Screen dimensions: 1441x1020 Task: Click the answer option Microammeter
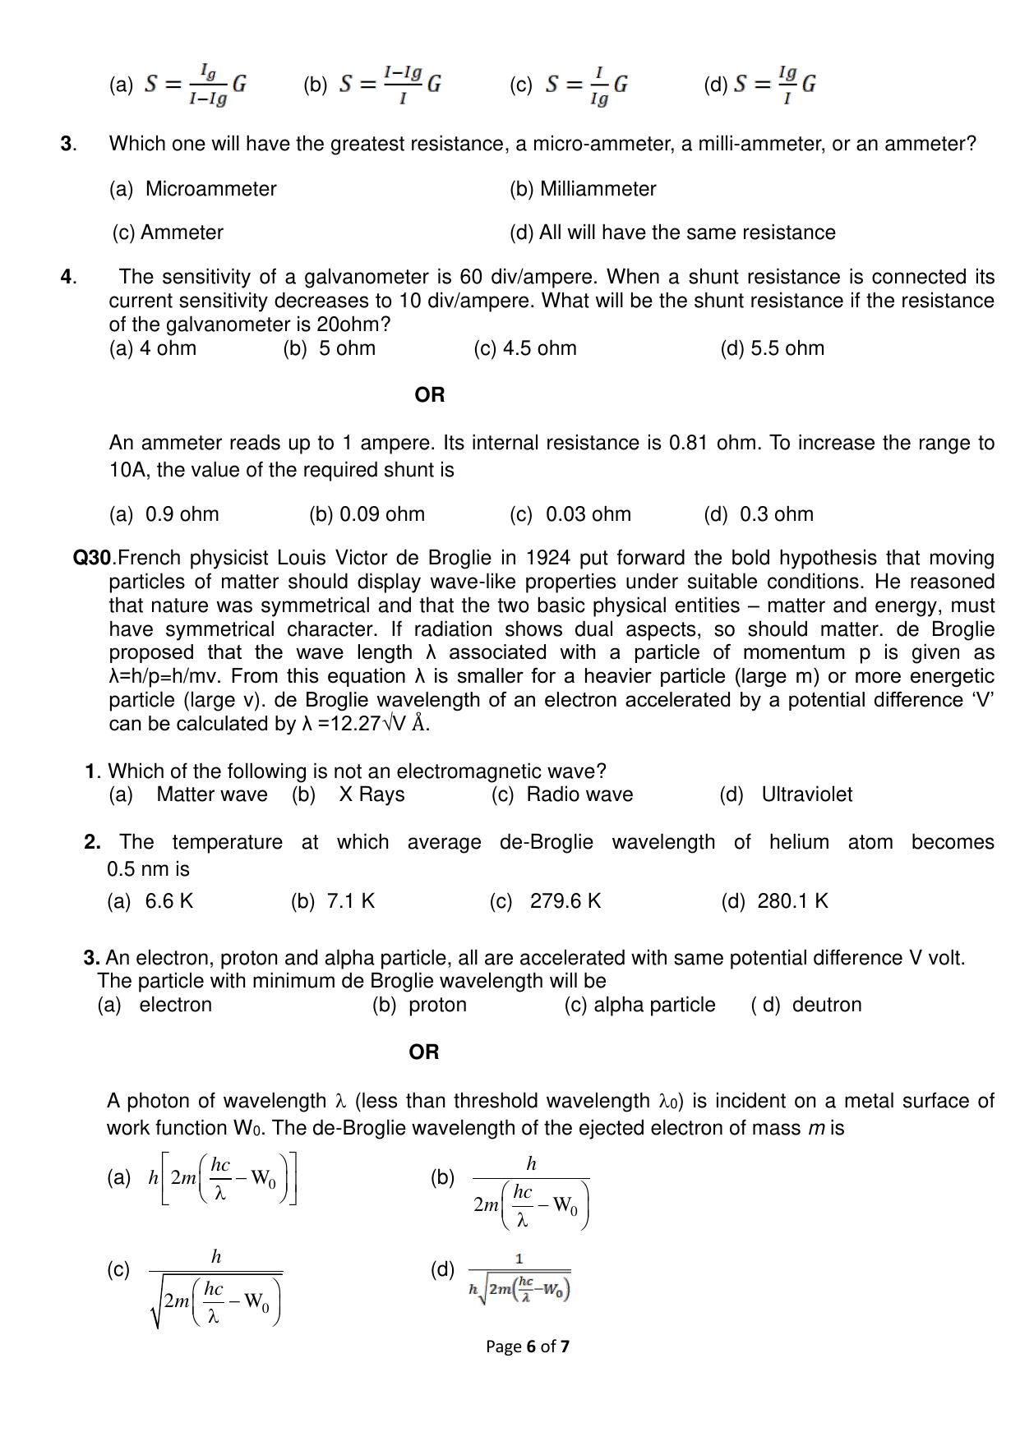(x=210, y=189)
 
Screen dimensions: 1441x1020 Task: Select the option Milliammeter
(x=598, y=189)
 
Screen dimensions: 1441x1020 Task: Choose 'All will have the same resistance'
(x=686, y=232)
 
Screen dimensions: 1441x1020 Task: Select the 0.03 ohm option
(x=588, y=514)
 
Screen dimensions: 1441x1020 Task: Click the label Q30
(x=92, y=559)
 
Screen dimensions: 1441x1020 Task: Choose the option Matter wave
(x=211, y=794)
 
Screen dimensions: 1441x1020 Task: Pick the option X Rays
(x=372, y=794)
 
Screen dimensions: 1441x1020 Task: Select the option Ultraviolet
(x=806, y=794)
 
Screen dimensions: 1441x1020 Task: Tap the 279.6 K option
(x=565, y=901)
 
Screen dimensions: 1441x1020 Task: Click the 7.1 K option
(x=350, y=901)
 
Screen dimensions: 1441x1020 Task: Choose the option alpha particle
(x=653, y=1005)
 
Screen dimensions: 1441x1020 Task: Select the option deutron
(x=827, y=1005)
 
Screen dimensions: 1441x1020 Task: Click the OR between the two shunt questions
(x=430, y=395)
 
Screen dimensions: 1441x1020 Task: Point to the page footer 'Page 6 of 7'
(x=527, y=1347)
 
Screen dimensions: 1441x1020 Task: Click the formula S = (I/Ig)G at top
(x=587, y=85)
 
